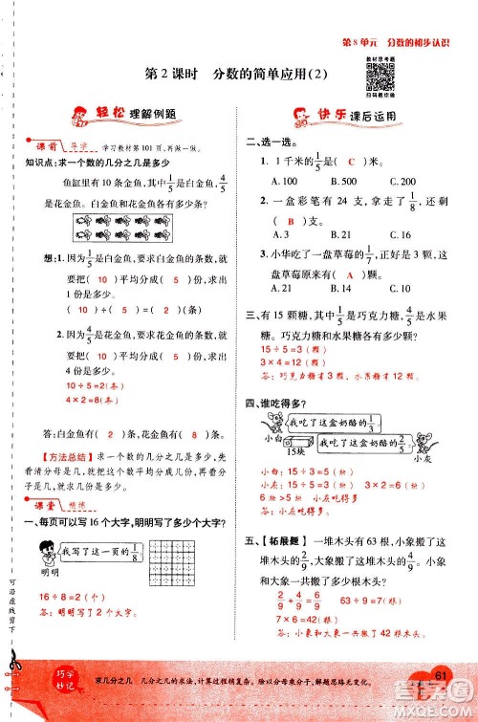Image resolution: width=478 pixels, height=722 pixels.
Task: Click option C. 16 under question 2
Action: (x=401, y=234)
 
